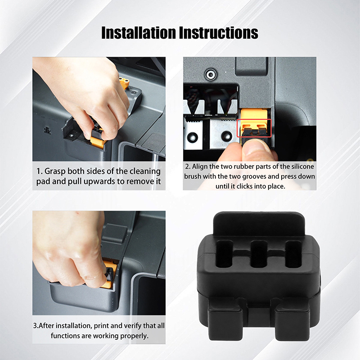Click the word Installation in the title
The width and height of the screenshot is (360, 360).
[139, 32]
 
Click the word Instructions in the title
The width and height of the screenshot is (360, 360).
[219, 32]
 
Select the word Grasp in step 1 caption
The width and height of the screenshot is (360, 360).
[54, 171]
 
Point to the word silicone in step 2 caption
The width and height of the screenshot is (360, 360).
[302, 166]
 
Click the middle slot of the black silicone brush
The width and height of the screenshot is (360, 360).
[259, 254]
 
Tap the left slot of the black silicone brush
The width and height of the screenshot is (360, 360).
[225, 254]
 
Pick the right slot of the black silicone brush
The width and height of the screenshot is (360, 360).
[293, 254]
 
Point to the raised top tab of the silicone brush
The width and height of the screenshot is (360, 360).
[259, 224]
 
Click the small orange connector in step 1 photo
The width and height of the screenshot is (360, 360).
[124, 83]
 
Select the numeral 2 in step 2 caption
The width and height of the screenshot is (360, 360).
[187, 166]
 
